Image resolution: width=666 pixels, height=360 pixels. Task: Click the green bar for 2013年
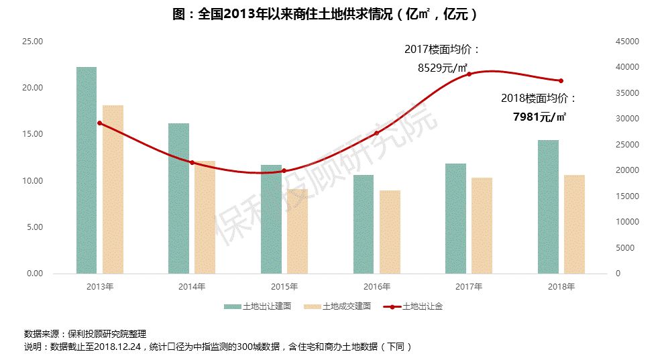coord(87,170)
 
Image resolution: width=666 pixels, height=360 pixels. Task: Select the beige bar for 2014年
coord(205,217)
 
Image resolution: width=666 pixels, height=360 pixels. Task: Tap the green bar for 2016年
coord(364,224)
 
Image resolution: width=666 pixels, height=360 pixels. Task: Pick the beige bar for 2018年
coord(574,224)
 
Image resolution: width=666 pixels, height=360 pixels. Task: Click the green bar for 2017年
coord(456,219)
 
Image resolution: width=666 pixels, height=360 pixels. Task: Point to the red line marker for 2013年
coord(99,123)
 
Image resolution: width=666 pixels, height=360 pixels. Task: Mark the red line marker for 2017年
coord(469,74)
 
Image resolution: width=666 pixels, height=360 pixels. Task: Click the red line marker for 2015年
coord(284,171)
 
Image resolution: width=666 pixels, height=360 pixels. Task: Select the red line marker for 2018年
coord(561,81)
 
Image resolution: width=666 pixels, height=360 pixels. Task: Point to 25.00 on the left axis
coord(33,42)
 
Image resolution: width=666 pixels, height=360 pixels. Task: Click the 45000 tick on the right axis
coord(628,42)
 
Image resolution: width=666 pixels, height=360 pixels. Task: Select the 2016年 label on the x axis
coord(377,286)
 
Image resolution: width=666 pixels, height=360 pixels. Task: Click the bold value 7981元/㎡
coord(539,117)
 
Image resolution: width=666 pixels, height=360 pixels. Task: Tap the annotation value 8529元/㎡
coord(442,67)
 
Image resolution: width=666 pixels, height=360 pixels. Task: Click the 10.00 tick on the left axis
coord(33,181)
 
